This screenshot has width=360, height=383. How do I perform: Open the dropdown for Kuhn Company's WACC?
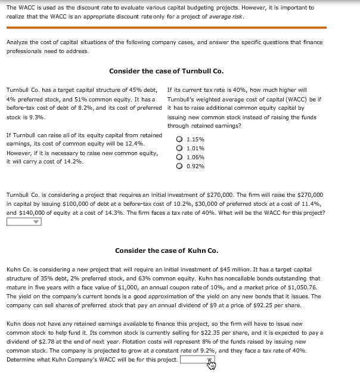(197, 360)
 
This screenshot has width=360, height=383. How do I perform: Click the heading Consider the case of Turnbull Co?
(166, 71)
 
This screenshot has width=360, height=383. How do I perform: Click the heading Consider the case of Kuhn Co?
(166, 250)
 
